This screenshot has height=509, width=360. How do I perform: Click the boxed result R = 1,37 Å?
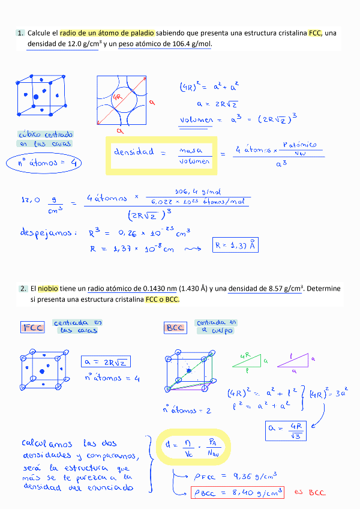[x=236, y=245]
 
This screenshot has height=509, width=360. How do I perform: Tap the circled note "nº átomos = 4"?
[x=44, y=163]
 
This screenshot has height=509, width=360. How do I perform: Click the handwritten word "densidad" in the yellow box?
[x=134, y=152]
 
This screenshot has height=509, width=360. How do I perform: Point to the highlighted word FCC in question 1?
[x=315, y=33]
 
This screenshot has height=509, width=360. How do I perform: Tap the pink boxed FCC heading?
[x=33, y=327]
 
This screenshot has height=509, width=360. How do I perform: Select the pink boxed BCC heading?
[x=175, y=328]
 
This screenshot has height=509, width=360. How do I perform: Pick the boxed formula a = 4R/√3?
[x=286, y=430]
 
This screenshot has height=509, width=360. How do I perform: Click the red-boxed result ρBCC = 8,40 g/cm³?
[x=236, y=492]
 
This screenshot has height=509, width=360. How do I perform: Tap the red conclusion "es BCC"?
[x=310, y=492]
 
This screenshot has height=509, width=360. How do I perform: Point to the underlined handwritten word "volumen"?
[x=196, y=120]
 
